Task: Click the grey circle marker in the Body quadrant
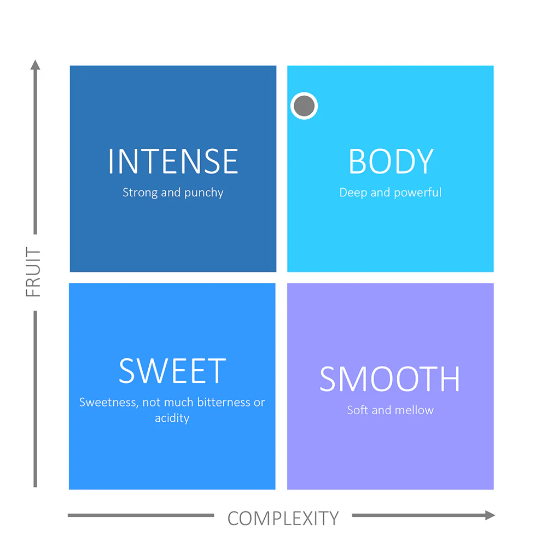[x=304, y=106]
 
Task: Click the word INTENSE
[x=173, y=161]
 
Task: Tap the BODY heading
[x=391, y=161]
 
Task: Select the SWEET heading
[x=172, y=370]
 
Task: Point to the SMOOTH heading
[x=390, y=379]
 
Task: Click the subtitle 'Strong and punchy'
[x=173, y=193]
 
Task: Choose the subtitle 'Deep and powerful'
[x=391, y=193]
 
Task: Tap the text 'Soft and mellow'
[x=391, y=410]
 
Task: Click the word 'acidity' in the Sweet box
[x=172, y=418]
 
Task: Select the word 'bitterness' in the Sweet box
[x=224, y=402]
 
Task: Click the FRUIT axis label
[x=33, y=272]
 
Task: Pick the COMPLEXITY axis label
[x=283, y=519]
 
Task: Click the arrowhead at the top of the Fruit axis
[x=35, y=65]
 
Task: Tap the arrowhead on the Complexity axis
[x=490, y=515]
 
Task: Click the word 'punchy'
[x=203, y=193]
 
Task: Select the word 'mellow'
[x=414, y=410]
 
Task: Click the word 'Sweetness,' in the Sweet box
[x=109, y=403]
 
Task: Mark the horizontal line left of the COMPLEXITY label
[x=141, y=515]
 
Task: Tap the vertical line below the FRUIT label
[x=35, y=399]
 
